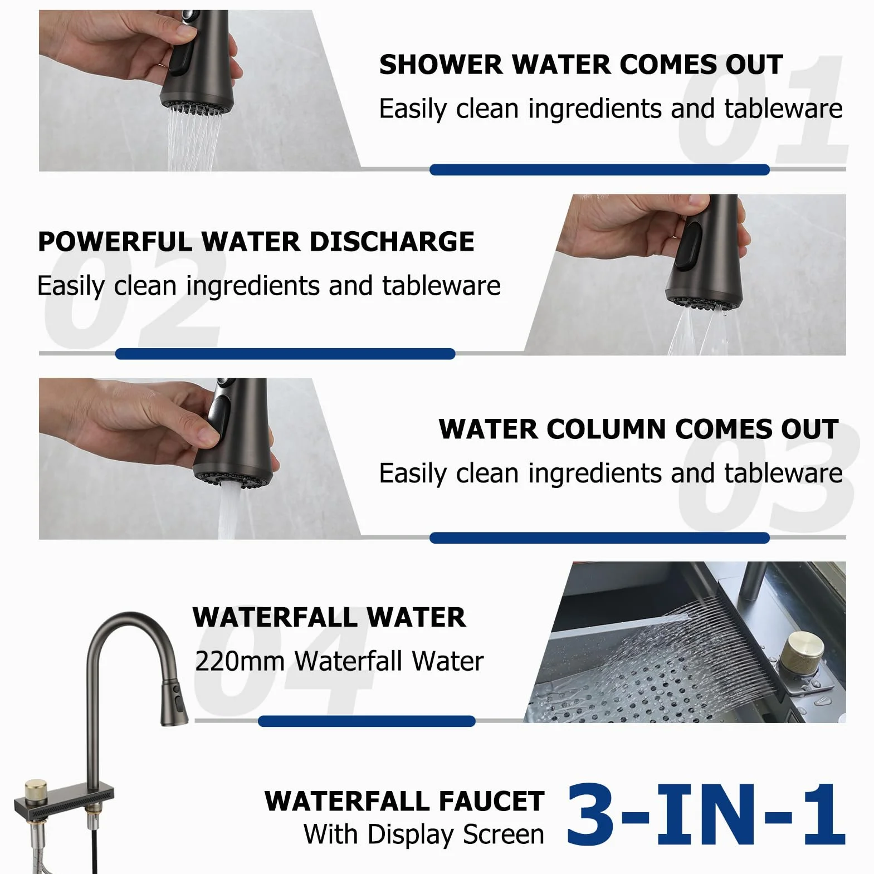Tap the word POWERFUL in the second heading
pyautogui.click(x=115, y=242)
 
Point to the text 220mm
pyautogui.click(x=240, y=661)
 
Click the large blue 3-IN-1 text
pyautogui.click(x=706, y=814)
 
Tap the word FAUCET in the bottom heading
pyautogui.click(x=491, y=801)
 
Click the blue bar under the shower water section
pyautogui.click(x=599, y=170)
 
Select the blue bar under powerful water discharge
pyautogui.click(x=285, y=354)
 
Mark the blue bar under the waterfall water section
pyautogui.click(x=367, y=721)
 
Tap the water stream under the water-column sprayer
pyautogui.click(x=228, y=511)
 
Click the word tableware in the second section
pyautogui.click(x=441, y=286)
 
